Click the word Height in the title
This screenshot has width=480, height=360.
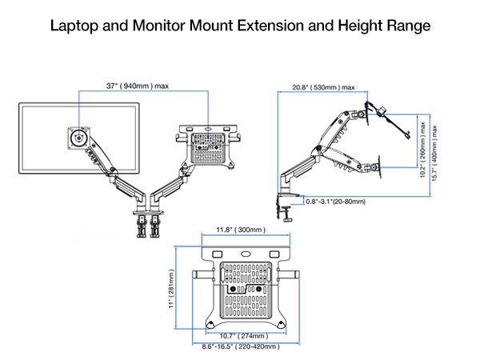click(350, 25)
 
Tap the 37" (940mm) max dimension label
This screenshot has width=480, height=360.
click(138, 86)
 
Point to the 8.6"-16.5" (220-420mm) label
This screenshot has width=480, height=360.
click(240, 347)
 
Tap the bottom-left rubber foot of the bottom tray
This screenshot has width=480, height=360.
click(210, 322)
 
